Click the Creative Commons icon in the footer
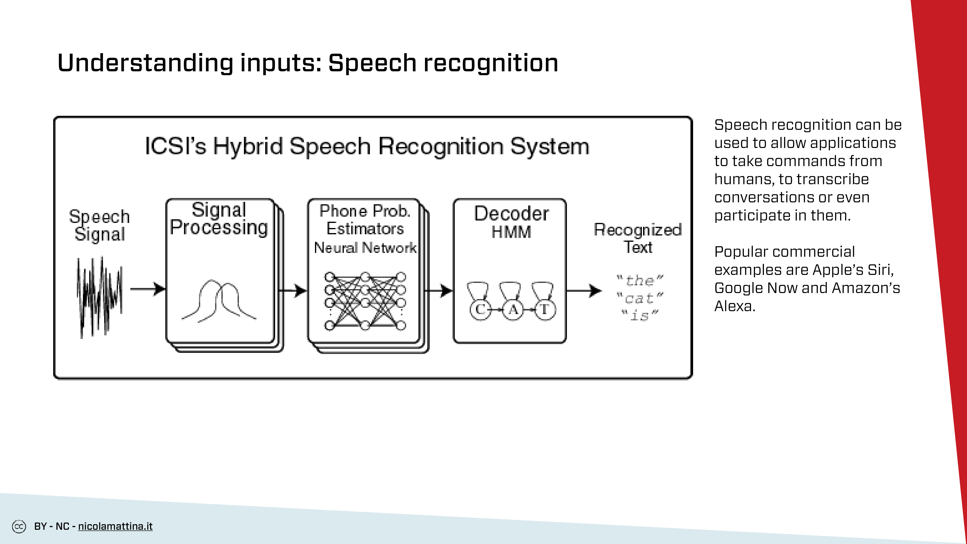tap(19, 526)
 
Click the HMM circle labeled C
tap(480, 310)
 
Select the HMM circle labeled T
tap(545, 310)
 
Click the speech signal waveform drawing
tap(99, 297)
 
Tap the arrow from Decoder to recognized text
tap(584, 291)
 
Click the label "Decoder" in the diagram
tap(511, 214)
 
